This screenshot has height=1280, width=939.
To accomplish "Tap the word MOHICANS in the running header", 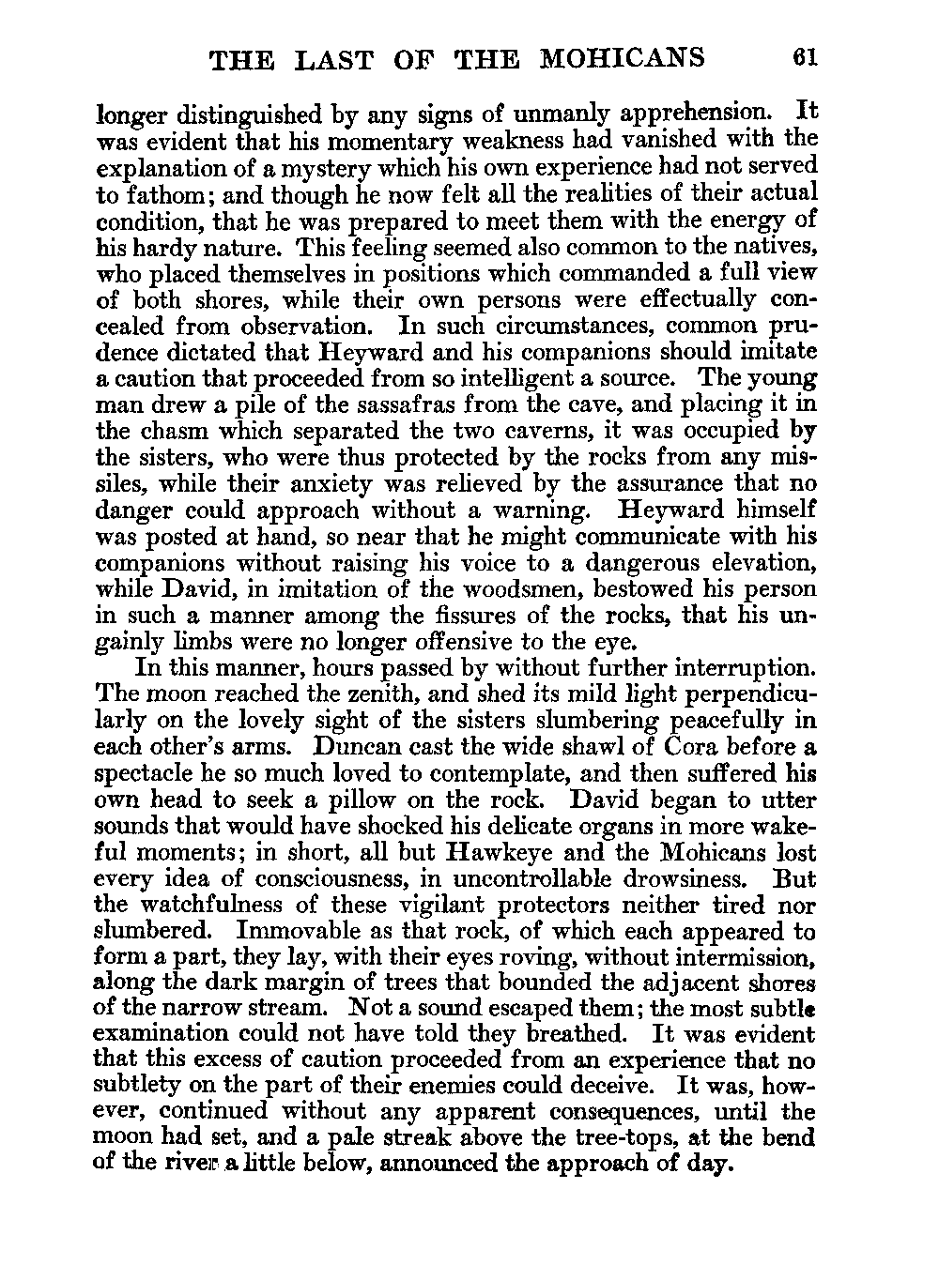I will click(x=623, y=58).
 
